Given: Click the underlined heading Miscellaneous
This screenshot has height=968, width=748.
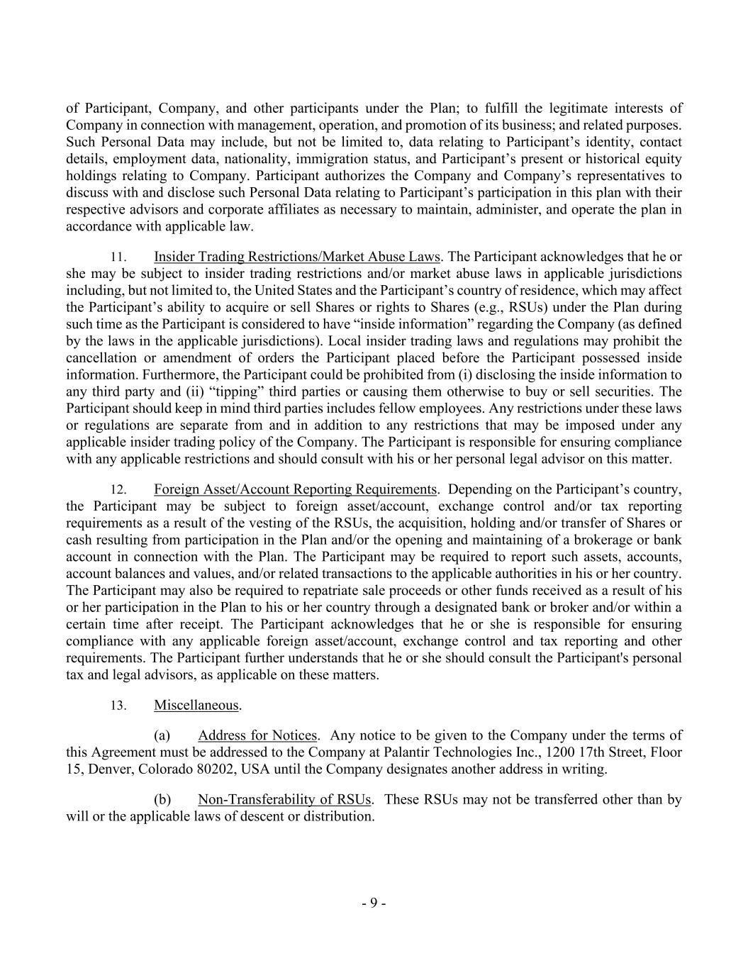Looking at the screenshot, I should tap(196, 705).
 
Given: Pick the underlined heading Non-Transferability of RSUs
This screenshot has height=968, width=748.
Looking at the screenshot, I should tap(284, 799).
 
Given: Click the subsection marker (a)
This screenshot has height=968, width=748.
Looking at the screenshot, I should tap(162, 735).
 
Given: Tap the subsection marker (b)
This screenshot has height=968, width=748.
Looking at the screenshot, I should tap(162, 799).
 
